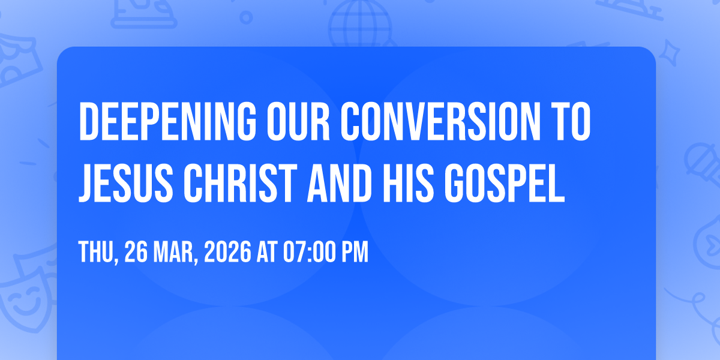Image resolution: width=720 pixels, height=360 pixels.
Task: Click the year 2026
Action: click(x=227, y=253)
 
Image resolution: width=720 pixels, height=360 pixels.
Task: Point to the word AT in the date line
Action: click(x=266, y=253)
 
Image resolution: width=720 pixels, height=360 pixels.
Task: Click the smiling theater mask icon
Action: click(x=24, y=297)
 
